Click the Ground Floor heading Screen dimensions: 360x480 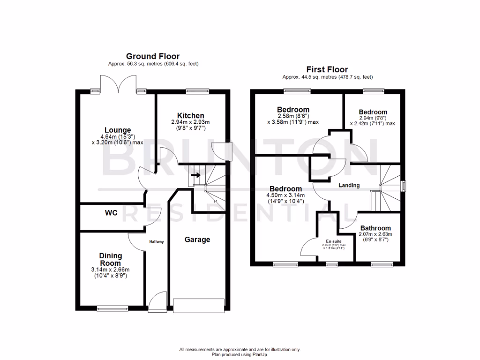point(152,56)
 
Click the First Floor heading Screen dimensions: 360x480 point(327,69)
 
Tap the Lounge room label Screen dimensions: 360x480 point(117,130)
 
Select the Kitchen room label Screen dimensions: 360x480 point(190,115)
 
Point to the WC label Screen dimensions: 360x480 point(111,213)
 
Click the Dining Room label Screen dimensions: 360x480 point(111,259)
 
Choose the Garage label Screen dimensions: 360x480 point(197,240)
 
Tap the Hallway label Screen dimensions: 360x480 point(157,242)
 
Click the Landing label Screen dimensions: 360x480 point(349,185)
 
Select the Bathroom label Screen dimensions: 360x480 point(375,228)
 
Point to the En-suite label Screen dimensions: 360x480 point(333,241)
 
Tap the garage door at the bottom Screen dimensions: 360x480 point(198,305)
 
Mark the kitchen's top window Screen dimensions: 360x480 point(193,91)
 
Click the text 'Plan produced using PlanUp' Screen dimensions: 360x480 point(240,354)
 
